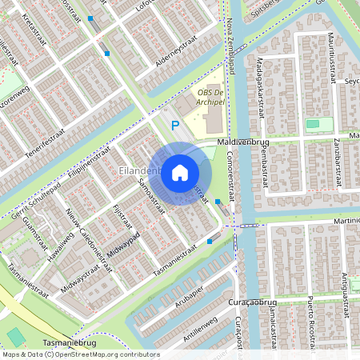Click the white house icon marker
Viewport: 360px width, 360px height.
[180, 172]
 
